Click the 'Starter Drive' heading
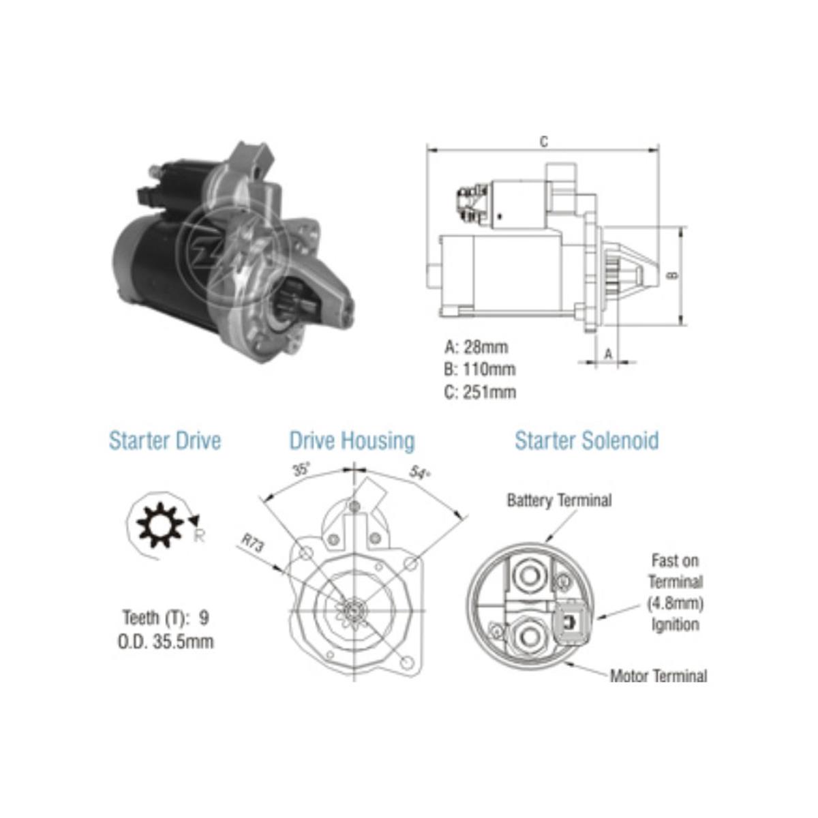click(x=165, y=441)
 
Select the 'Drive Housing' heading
click(x=352, y=441)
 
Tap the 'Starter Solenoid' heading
click(x=587, y=440)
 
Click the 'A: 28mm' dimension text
click(x=476, y=347)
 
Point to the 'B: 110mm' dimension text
click(x=480, y=369)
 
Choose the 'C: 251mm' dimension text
click(x=480, y=392)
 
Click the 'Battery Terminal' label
click(x=559, y=500)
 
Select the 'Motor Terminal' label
click(x=658, y=676)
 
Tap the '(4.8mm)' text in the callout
click(x=675, y=603)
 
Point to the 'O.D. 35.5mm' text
click(x=164, y=641)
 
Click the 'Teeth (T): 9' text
click(x=166, y=618)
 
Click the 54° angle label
click(x=420, y=472)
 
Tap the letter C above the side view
click(x=543, y=142)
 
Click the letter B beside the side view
click(x=672, y=275)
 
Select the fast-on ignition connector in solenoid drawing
click(x=569, y=621)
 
